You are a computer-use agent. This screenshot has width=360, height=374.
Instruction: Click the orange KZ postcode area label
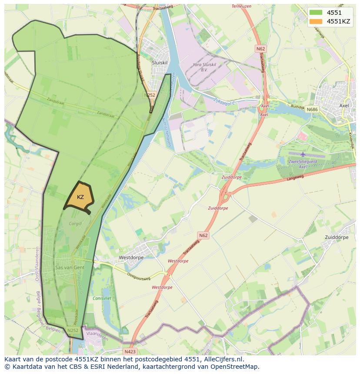(80, 197)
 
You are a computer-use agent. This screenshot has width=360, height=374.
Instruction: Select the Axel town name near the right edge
(344, 106)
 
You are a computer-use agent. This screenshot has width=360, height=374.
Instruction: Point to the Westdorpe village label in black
(131, 258)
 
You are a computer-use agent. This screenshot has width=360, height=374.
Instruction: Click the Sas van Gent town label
(70, 268)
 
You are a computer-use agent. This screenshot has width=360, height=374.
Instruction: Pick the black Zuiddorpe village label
(337, 238)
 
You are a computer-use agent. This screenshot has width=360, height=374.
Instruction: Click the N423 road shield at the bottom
(130, 351)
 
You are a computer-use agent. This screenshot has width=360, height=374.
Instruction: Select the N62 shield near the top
(260, 49)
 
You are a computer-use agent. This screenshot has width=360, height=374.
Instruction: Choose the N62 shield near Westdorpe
(203, 235)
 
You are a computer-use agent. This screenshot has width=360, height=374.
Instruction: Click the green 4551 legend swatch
(316, 13)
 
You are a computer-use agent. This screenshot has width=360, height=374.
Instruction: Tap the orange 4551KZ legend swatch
(316, 21)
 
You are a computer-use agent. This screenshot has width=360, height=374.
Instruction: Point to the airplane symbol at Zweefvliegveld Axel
(303, 154)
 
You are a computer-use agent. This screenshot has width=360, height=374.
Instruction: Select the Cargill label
(75, 224)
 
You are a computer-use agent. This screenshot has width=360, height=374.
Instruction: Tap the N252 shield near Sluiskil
(150, 95)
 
